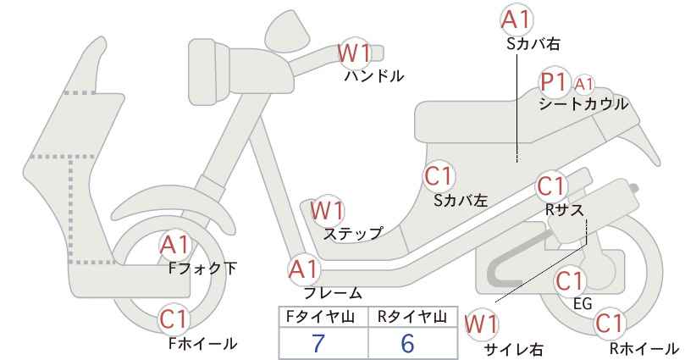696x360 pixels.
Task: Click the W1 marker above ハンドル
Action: pos(353,53)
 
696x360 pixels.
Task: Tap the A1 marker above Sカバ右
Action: pos(516,20)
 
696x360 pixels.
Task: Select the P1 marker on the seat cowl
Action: pos(554,82)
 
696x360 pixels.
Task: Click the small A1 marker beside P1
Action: pos(583,84)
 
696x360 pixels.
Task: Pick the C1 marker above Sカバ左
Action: pos(438,176)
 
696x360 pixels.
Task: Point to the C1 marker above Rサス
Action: pos(550,186)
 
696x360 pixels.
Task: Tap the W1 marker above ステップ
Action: pos(327,210)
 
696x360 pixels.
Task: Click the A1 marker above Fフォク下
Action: pos(175,245)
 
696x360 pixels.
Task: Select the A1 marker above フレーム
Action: pos(305,269)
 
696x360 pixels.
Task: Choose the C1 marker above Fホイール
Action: pos(175,318)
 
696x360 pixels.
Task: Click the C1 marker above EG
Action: pos(570,280)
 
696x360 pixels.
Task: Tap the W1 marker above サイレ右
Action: pos(481,325)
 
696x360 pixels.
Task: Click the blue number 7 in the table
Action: pos(318,343)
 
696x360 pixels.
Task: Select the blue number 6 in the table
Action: pos(407,343)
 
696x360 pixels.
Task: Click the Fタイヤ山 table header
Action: pos(320,317)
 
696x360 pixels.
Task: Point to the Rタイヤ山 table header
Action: pos(412,317)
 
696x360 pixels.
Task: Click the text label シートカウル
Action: pos(583,105)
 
